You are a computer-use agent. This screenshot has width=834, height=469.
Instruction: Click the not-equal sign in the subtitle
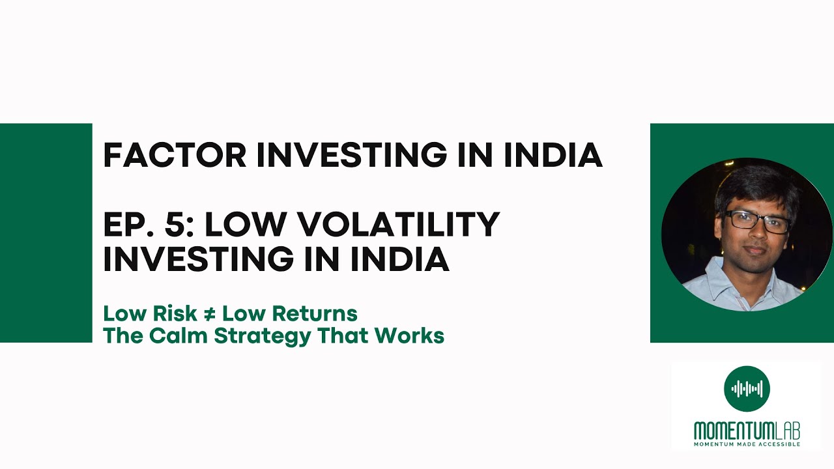coord(209,313)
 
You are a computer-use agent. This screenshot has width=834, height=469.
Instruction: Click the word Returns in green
coord(314,313)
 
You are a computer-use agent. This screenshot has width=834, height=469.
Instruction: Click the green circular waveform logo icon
coord(747,389)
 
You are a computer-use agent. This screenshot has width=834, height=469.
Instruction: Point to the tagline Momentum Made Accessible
coord(747,444)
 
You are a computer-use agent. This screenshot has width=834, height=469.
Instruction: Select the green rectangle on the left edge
coord(46,233)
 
